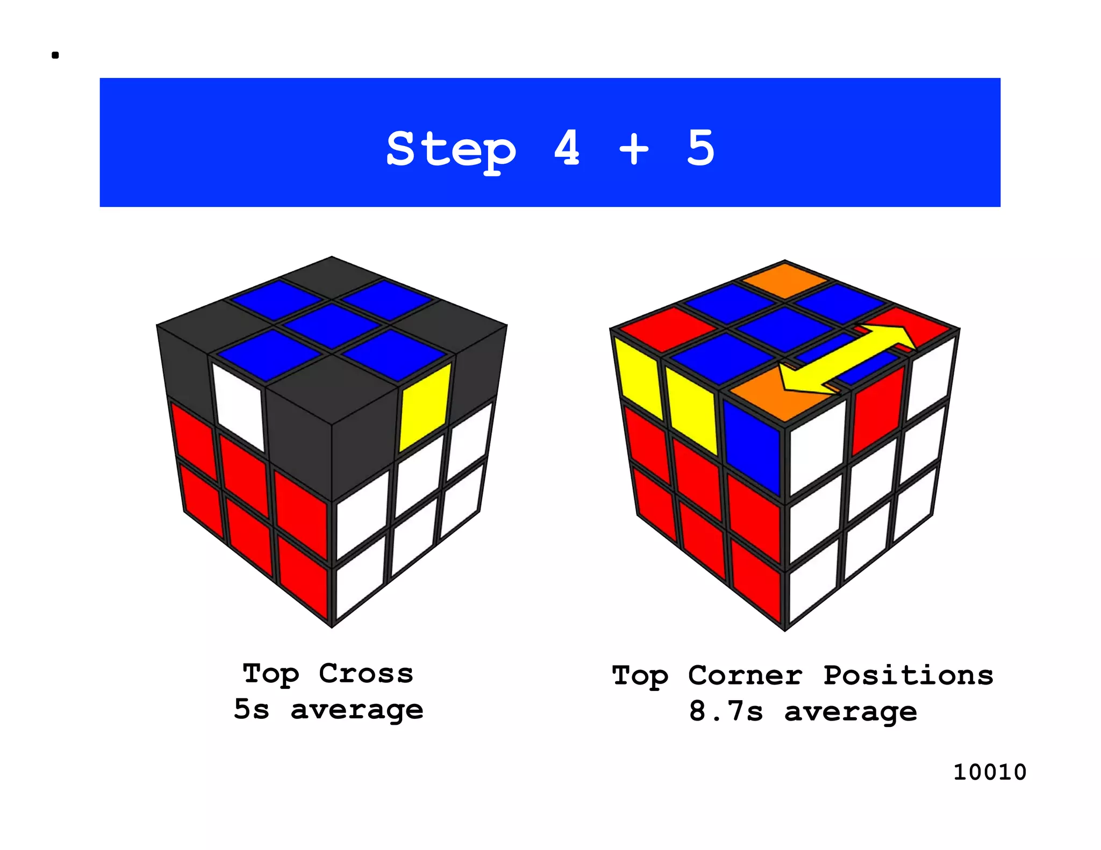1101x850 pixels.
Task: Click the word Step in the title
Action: pyautogui.click(x=451, y=149)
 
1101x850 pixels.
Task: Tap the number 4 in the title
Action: pyautogui.click(x=567, y=147)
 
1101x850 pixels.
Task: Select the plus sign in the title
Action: pyautogui.click(x=634, y=148)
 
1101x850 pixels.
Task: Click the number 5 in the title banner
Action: pyautogui.click(x=700, y=147)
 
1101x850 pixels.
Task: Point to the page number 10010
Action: pyautogui.click(x=989, y=772)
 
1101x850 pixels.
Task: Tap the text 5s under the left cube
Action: pyautogui.click(x=252, y=709)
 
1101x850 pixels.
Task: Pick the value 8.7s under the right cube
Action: pyautogui.click(x=726, y=711)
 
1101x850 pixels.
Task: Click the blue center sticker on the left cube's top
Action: pyautogui.click(x=332, y=325)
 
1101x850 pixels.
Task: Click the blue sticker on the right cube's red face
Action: pyautogui.click(x=752, y=446)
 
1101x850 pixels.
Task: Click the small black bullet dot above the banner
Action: pyautogui.click(x=55, y=55)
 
